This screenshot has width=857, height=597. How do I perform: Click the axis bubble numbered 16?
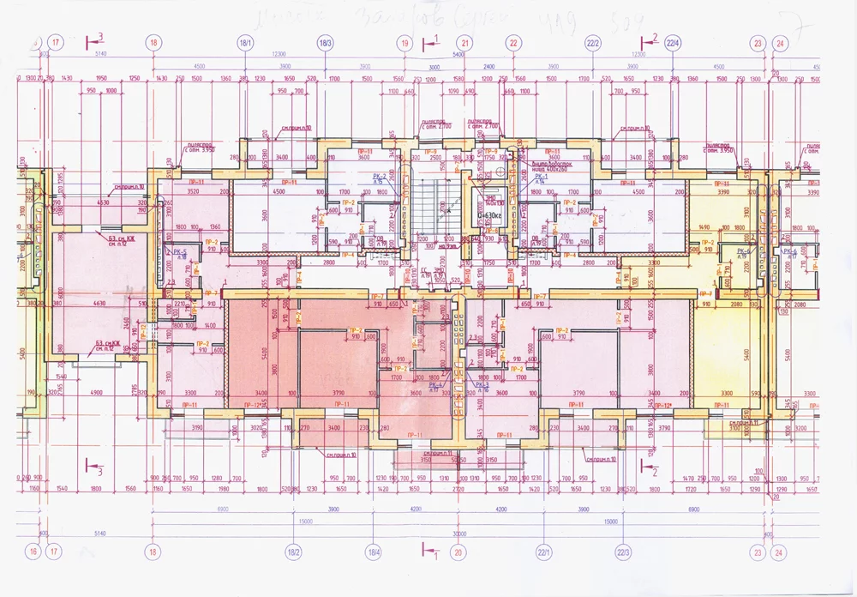click(33, 552)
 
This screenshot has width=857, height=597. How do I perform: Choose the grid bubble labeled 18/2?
click(294, 552)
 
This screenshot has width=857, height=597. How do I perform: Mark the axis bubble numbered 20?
click(458, 552)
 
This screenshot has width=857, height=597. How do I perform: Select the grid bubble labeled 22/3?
click(623, 552)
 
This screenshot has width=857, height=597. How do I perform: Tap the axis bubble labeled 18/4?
click(375, 552)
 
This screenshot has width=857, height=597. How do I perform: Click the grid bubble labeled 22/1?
click(542, 552)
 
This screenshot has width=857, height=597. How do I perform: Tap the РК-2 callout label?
click(381, 177)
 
